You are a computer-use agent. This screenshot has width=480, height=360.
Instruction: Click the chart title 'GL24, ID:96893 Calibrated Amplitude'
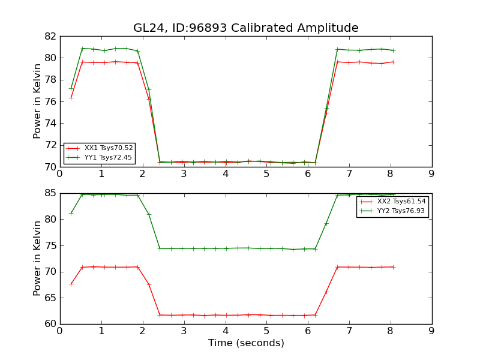pyautogui.click(x=245, y=28)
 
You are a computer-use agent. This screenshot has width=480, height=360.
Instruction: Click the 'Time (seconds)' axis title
pyautogui.click(x=246, y=343)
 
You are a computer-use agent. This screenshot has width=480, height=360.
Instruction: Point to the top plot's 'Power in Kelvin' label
pyautogui.click(x=37, y=101)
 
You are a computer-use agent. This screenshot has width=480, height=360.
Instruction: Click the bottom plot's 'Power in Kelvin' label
pyautogui.click(x=37, y=258)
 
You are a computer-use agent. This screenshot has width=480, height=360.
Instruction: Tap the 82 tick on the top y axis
pyautogui.click(x=50, y=36)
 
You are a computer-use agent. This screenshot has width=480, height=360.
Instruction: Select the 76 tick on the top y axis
pyautogui.click(x=50, y=101)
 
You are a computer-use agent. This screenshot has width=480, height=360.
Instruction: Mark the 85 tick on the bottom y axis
pyautogui.click(x=50, y=193)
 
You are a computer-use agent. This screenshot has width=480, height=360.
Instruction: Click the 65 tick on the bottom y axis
pyautogui.click(x=50, y=298)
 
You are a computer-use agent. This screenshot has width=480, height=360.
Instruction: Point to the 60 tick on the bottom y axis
pyautogui.click(x=50, y=324)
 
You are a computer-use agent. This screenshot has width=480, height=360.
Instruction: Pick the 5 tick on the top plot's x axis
pyautogui.click(x=266, y=174)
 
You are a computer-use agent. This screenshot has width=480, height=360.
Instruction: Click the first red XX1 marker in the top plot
pyautogui.click(x=71, y=98)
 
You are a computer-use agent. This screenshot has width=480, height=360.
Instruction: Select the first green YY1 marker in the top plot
pyautogui.click(x=71, y=88)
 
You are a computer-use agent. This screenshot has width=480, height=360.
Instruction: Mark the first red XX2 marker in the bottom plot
pyautogui.click(x=71, y=284)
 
